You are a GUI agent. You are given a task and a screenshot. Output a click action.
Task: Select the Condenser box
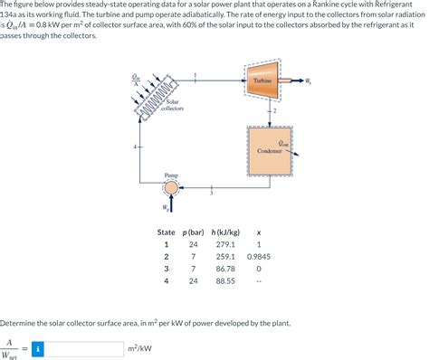coord(272,149)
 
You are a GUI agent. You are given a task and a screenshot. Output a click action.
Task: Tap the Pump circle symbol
coord(172,188)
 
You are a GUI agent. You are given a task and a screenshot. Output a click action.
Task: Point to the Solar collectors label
coord(172,105)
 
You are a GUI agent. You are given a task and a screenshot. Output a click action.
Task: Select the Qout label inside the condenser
coord(283,142)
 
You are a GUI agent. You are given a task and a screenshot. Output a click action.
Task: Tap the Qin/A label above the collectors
coord(138,81)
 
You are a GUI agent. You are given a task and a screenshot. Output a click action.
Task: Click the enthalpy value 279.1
coord(224,244)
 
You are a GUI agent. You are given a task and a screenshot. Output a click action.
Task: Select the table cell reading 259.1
coord(224,257)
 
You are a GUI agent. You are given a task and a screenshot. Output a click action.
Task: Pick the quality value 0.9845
coord(259,257)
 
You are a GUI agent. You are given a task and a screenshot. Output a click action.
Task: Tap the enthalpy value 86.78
coord(224,269)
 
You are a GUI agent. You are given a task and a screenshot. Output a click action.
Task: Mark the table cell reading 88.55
coord(224,281)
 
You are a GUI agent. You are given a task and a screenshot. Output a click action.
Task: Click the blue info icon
coord(37,348)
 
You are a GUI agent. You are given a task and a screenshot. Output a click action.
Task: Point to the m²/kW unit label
coord(140,348)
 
